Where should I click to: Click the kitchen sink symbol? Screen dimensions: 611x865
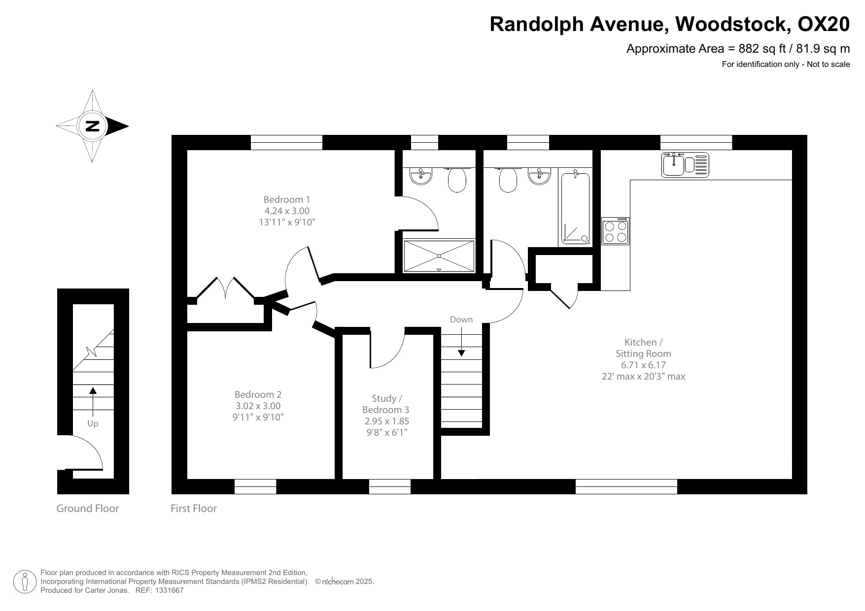point(685,164)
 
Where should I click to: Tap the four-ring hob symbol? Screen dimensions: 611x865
point(616,231)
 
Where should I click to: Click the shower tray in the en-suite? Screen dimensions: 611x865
point(439,256)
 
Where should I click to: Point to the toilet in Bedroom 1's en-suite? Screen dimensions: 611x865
point(457,180)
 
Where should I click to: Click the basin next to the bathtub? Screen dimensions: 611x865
point(539,176)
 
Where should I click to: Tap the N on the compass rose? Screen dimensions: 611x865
point(92,126)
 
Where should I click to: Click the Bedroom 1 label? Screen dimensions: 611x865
point(286,199)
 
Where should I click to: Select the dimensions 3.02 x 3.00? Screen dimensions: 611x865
point(258,406)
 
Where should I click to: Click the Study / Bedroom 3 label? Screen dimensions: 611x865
point(386,404)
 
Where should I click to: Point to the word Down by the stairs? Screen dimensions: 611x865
point(461,320)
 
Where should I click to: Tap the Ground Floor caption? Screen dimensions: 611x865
point(88,509)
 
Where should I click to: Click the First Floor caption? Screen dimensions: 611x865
point(193,509)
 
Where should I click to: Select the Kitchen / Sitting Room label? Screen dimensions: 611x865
point(643,348)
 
